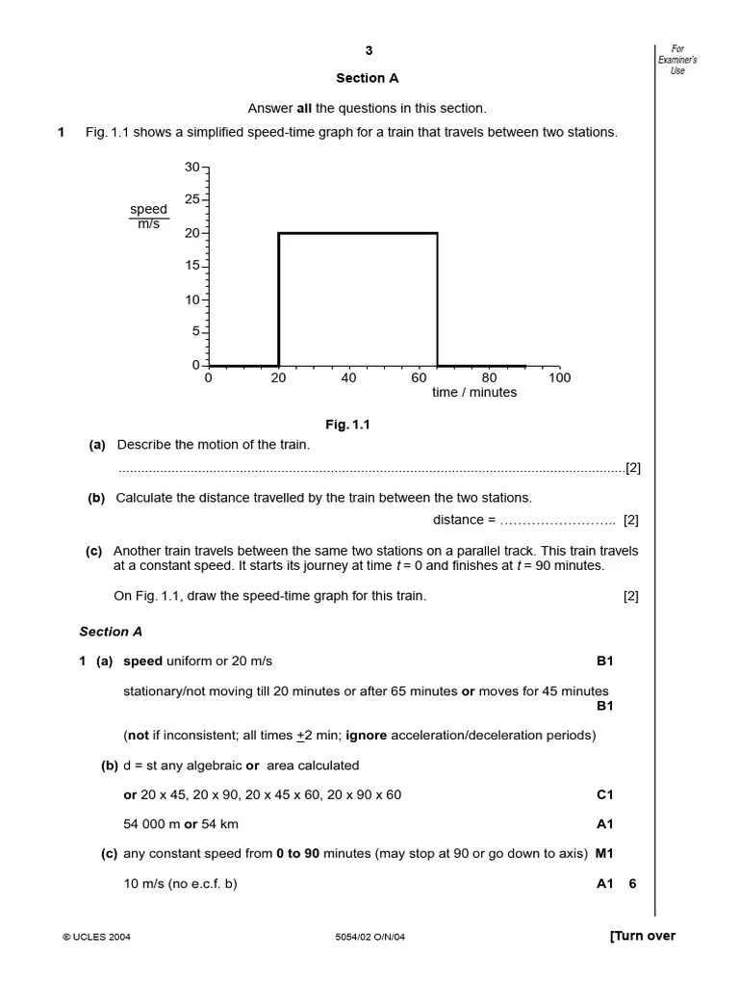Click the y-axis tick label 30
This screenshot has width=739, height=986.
click(x=191, y=168)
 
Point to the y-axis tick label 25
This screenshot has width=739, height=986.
click(x=191, y=199)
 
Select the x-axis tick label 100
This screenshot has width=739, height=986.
click(x=559, y=378)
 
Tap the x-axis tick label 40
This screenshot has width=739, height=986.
click(x=348, y=378)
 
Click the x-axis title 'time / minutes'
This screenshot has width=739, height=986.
click(x=474, y=393)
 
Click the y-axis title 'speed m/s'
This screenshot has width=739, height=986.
click(x=148, y=217)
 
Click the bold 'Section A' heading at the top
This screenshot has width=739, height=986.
click(x=367, y=78)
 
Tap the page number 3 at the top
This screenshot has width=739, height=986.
click(x=368, y=51)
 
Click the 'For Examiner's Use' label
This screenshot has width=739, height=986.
click(x=677, y=60)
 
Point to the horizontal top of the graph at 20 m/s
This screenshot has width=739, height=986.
click(x=358, y=233)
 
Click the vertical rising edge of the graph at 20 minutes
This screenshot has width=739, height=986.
click(x=279, y=298)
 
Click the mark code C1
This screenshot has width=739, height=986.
click(x=604, y=795)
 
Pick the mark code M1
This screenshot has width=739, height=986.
click(x=604, y=853)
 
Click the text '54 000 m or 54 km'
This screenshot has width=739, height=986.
click(x=181, y=824)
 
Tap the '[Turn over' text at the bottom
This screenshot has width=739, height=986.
click(x=642, y=936)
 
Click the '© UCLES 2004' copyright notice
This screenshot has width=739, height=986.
click(x=96, y=937)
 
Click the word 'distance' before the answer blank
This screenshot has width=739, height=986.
click(x=458, y=520)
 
